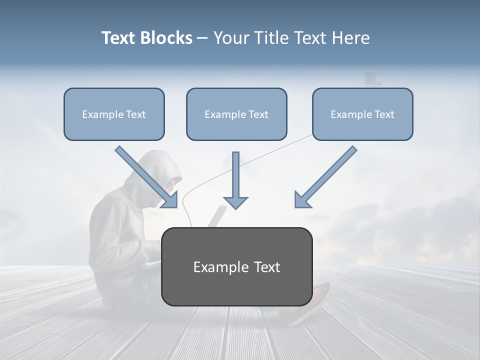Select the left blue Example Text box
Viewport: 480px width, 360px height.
[114, 114]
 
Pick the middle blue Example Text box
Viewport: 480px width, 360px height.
[236, 114]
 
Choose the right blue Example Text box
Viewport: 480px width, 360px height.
[362, 114]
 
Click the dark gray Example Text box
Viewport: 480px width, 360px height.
[236, 266]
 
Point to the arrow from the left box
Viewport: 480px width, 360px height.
[147, 177]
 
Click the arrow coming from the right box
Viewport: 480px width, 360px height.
[324, 177]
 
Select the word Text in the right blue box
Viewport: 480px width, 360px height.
[384, 114]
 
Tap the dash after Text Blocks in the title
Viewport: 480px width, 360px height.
[202, 38]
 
